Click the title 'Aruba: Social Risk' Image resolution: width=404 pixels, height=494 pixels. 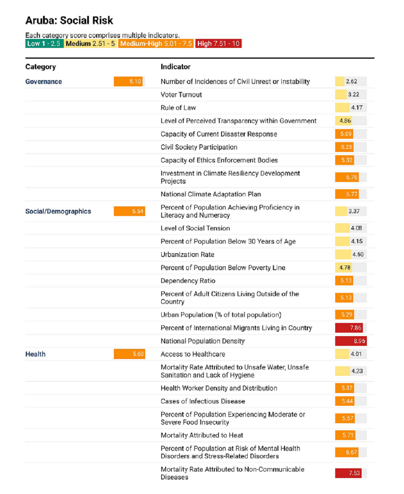69,21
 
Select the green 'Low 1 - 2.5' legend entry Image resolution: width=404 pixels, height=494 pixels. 44,44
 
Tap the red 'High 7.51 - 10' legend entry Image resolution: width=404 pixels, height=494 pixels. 218,44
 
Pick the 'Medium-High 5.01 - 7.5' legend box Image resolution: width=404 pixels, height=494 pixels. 156,44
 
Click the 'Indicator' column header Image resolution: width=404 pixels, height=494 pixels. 175,67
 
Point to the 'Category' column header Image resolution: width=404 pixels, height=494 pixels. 40,67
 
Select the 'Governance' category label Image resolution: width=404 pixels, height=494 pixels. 43,82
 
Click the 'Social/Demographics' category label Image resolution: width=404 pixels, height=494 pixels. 58,211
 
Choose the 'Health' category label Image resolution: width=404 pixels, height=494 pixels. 35,354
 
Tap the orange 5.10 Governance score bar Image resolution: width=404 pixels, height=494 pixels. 129,82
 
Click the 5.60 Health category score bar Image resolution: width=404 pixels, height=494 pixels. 129,354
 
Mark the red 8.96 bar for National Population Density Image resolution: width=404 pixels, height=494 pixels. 351,341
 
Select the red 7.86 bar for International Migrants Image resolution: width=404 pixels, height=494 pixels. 349,328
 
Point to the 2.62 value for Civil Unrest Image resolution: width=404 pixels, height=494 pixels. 351,82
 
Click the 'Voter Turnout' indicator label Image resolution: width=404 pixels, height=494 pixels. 181,95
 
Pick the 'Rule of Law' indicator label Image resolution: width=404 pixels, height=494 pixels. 178,108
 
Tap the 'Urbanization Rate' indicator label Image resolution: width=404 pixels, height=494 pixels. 187,255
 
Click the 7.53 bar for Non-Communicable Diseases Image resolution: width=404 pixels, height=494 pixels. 348,473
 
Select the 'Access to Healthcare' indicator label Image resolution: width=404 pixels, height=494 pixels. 193,354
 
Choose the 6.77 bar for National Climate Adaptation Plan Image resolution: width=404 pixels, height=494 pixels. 347,194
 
